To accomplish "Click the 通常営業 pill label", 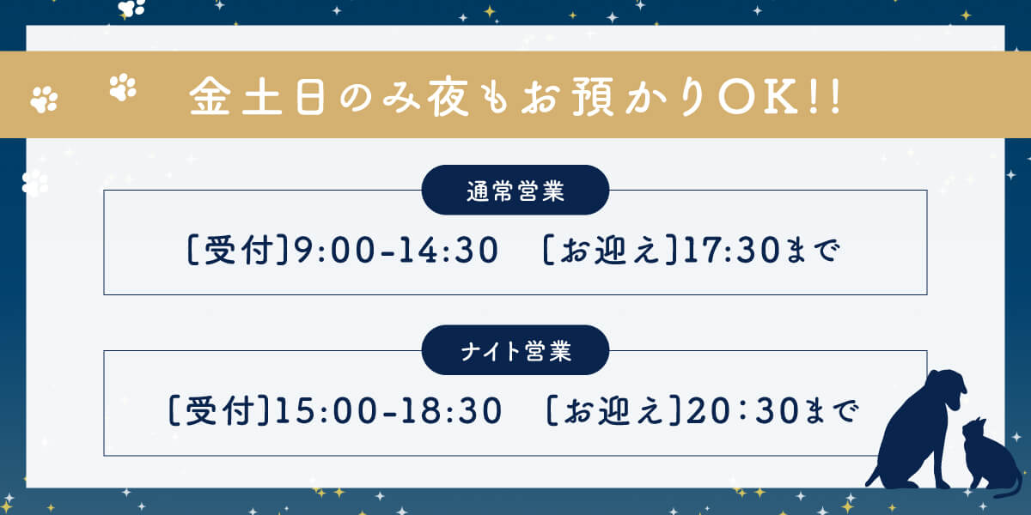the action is [515, 190].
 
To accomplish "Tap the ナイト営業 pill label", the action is [515, 350].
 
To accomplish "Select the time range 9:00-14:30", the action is [396, 250].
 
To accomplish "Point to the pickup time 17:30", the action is [732, 250].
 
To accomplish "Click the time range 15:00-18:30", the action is [388, 410].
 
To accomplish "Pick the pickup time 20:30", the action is [742, 410].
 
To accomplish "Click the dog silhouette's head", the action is [946, 389].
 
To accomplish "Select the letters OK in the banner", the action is [758, 96].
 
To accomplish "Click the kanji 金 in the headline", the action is [210, 95].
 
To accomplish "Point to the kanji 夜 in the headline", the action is [448, 96].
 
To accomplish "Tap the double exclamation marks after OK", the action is [824, 96].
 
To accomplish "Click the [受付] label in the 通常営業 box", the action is [238, 250].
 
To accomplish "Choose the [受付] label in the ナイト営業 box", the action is [218, 410].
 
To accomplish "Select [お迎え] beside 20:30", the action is [613, 410].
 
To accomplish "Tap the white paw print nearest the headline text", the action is [123, 87].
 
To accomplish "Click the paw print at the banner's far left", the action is [44, 99].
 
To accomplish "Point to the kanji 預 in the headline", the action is [593, 96].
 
